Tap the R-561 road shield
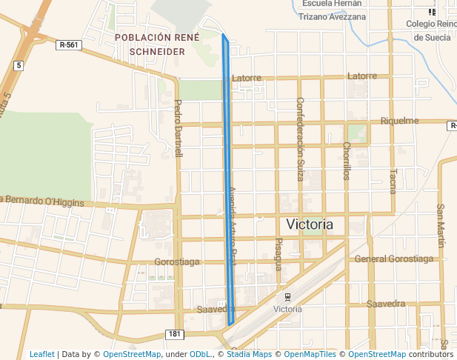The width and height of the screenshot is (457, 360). click(x=67, y=45)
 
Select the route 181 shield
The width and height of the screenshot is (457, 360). click(x=174, y=334)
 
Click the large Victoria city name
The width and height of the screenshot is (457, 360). click(x=310, y=224)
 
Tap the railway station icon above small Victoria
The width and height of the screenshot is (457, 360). click(x=287, y=297)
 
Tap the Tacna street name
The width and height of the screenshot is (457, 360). click(x=393, y=180)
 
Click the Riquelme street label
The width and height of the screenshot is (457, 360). click(x=399, y=121)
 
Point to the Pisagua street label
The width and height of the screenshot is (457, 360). click(x=278, y=254)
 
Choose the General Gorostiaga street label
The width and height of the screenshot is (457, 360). click(x=393, y=259)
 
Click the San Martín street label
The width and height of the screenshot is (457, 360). click(x=441, y=226)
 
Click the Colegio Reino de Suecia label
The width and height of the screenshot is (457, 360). click(x=432, y=30)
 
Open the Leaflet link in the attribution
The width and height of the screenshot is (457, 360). click(x=42, y=354)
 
